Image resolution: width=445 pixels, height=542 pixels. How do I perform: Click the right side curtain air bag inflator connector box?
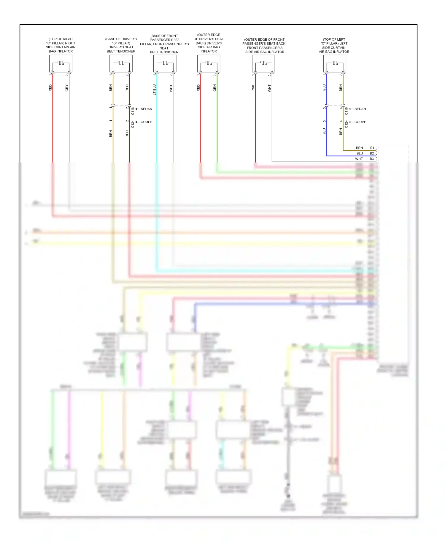tap(61, 63)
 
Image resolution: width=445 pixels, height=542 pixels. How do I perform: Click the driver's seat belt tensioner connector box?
tap(121, 63)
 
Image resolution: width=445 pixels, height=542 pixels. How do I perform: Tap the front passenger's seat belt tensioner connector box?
tap(165, 63)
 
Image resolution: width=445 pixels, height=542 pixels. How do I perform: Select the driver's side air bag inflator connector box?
tap(209, 63)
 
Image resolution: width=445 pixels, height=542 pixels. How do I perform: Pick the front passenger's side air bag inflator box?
tap(263, 63)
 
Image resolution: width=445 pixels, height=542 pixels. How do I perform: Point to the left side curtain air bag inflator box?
tap(335, 63)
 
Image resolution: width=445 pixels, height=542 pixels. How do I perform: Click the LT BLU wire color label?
tap(155, 90)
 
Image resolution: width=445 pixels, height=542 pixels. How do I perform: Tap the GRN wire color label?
tap(215, 88)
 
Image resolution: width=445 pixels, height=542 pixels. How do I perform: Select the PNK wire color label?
tap(253, 88)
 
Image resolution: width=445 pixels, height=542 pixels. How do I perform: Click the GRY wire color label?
tap(67, 88)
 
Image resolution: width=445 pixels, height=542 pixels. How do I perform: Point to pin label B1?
tap(372, 148)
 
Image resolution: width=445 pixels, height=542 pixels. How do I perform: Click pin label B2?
tap(372, 153)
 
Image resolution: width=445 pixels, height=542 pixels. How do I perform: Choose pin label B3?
tap(372, 159)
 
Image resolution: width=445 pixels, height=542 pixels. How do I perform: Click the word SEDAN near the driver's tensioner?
tap(146, 109)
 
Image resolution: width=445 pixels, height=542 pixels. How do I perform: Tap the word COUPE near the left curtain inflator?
tap(360, 122)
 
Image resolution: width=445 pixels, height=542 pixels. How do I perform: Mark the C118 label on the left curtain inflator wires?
tap(347, 111)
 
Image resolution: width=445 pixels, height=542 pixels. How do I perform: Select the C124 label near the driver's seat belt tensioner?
tap(133, 124)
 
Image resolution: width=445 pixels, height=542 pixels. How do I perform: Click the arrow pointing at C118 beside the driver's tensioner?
tap(137, 109)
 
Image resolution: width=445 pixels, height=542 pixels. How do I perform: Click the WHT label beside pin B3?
tap(359, 159)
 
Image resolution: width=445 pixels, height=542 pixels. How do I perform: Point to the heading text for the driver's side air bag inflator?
tap(209, 43)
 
